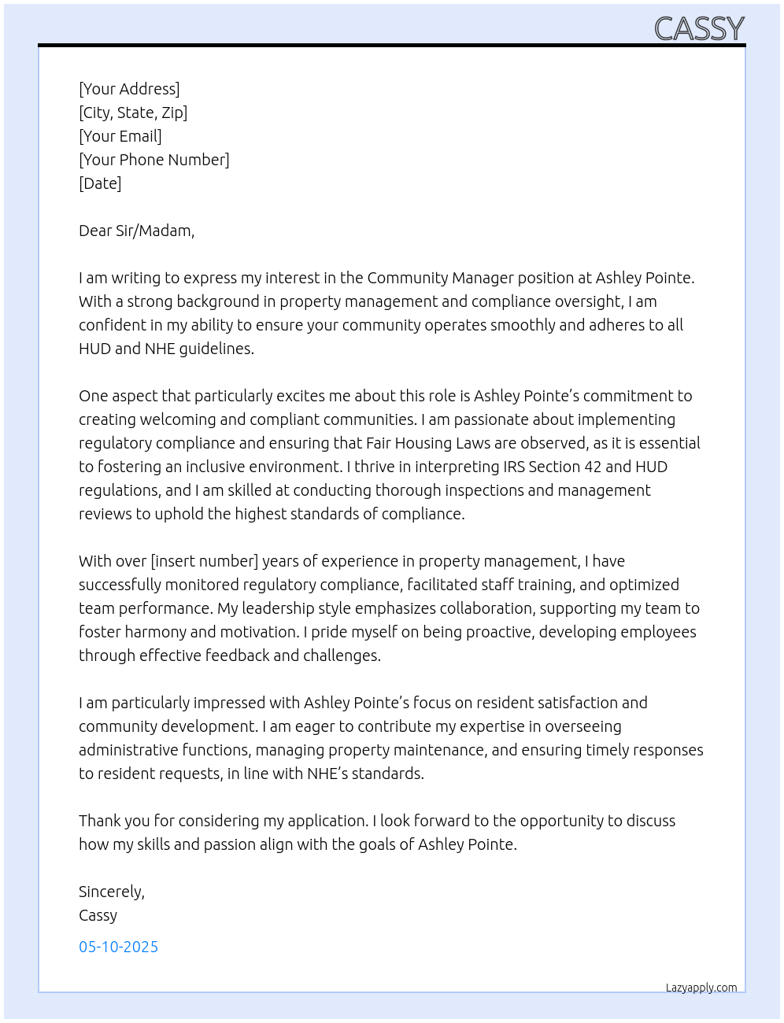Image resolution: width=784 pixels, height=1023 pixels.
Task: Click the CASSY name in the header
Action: tap(699, 29)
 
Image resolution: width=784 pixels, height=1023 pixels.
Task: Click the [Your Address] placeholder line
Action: tap(129, 89)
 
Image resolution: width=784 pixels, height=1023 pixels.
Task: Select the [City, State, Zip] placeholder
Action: tap(133, 113)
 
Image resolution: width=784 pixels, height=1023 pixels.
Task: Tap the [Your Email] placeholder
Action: tap(120, 136)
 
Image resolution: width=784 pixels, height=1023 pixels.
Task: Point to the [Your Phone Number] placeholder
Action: tap(154, 160)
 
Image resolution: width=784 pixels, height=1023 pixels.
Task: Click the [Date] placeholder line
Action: tap(100, 183)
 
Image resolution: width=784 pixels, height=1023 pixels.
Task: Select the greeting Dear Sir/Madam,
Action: tap(136, 231)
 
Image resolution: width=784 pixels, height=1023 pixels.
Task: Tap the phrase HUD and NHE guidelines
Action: tap(166, 349)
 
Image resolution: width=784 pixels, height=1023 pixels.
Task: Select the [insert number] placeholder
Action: tap(205, 561)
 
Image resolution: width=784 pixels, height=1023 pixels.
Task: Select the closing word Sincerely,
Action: tap(112, 892)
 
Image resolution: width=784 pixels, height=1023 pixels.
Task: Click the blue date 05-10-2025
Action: tap(118, 947)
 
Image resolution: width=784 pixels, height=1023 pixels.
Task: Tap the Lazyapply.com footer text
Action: tap(701, 988)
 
